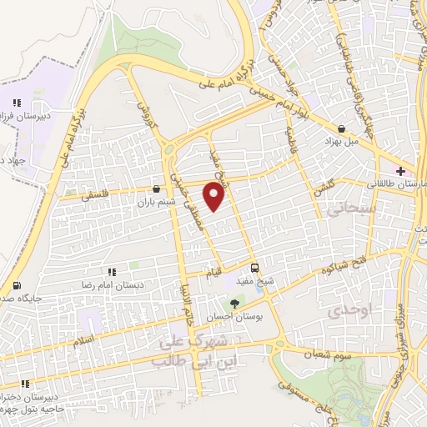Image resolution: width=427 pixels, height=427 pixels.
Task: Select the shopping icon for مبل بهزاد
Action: [x=343, y=128]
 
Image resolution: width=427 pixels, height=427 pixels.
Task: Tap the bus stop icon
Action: [x=255, y=269]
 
